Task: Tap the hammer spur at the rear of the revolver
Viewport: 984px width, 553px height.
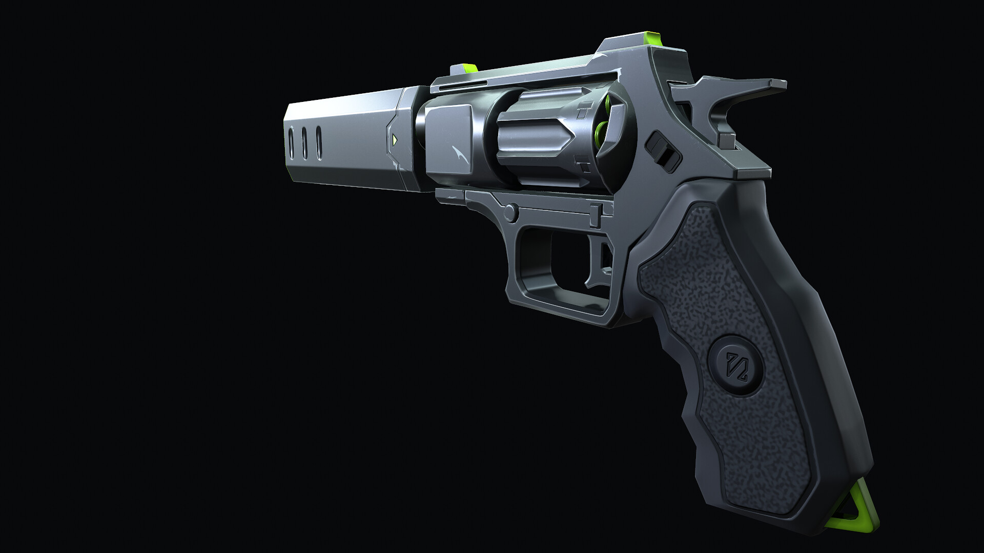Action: point(758,87)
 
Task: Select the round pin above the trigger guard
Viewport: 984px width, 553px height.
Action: point(510,210)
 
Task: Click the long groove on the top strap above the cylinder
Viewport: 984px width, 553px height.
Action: point(461,86)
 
